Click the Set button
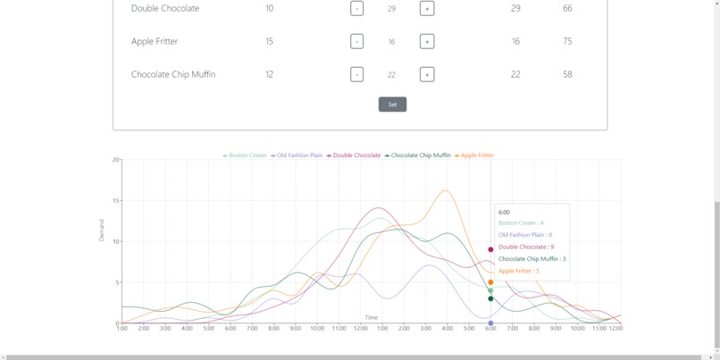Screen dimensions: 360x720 pyautogui.click(x=392, y=105)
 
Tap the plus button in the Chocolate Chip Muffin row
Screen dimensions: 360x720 pyautogui.click(x=427, y=74)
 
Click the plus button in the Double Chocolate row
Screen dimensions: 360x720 pyautogui.click(x=427, y=8)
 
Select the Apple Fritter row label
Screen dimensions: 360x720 pyautogui.click(x=155, y=41)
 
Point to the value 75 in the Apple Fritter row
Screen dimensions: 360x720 pyautogui.click(x=567, y=41)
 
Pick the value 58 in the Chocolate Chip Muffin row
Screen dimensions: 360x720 pyautogui.click(x=567, y=74)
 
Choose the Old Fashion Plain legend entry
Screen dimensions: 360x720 pyautogui.click(x=298, y=155)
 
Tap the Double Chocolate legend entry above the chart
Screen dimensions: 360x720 pyautogui.click(x=356, y=155)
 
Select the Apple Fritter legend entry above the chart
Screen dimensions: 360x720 pyautogui.click(x=476, y=155)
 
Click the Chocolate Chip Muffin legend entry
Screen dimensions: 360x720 pyautogui.click(x=420, y=155)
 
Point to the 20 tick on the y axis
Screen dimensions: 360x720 pyautogui.click(x=116, y=160)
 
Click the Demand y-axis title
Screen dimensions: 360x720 pyautogui.click(x=102, y=230)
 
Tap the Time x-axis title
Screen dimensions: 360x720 pyautogui.click(x=371, y=317)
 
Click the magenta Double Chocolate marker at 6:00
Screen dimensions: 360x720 pyautogui.click(x=490, y=249)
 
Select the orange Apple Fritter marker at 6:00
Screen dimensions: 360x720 pyautogui.click(x=490, y=282)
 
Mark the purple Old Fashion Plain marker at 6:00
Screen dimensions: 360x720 pyautogui.click(x=490, y=323)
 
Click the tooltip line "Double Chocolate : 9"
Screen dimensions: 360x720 pyautogui.click(x=526, y=247)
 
